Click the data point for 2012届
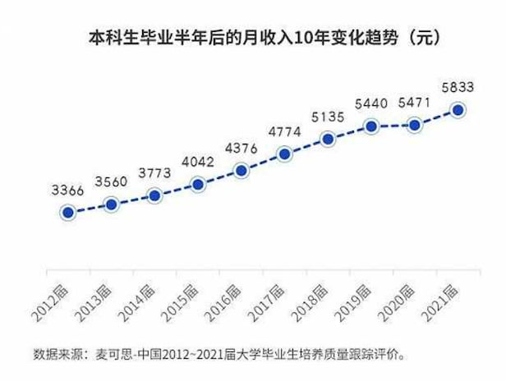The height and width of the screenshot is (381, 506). click(x=68, y=213)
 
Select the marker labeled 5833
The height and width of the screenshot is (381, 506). click(x=458, y=110)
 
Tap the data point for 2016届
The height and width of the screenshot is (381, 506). click(x=241, y=171)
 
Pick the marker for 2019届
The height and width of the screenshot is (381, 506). click(x=371, y=126)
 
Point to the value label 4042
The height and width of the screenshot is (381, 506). click(x=197, y=162)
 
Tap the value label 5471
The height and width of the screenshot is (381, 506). click(x=415, y=103)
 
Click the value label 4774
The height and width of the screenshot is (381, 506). click(x=284, y=131)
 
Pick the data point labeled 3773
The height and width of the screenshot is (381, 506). click(x=154, y=195)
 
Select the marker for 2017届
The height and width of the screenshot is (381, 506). click(x=284, y=154)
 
